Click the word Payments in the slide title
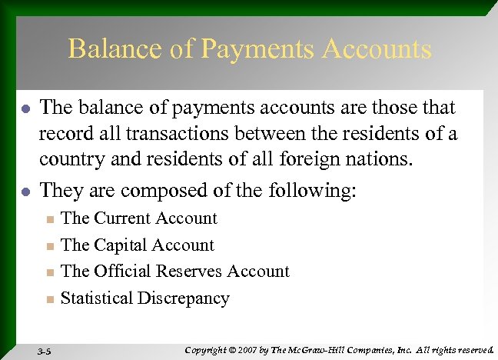[x=250, y=50]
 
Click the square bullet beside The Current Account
[x=49, y=220]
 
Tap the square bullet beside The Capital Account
[x=49, y=247]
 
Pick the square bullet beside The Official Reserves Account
[x=49, y=273]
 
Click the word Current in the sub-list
[x=122, y=218]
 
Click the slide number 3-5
[x=45, y=350]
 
